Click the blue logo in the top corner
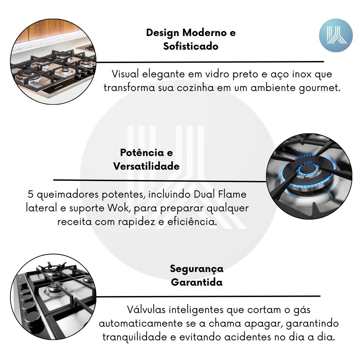tap(336, 35)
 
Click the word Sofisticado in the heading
tap(191, 46)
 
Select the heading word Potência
tap(142, 152)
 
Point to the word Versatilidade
tap(146, 166)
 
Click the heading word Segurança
tap(197, 269)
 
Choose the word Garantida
tap(197, 282)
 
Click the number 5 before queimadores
tap(31, 194)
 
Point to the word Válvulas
tap(146, 309)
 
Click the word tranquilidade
tap(135, 337)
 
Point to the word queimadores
tap(68, 194)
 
